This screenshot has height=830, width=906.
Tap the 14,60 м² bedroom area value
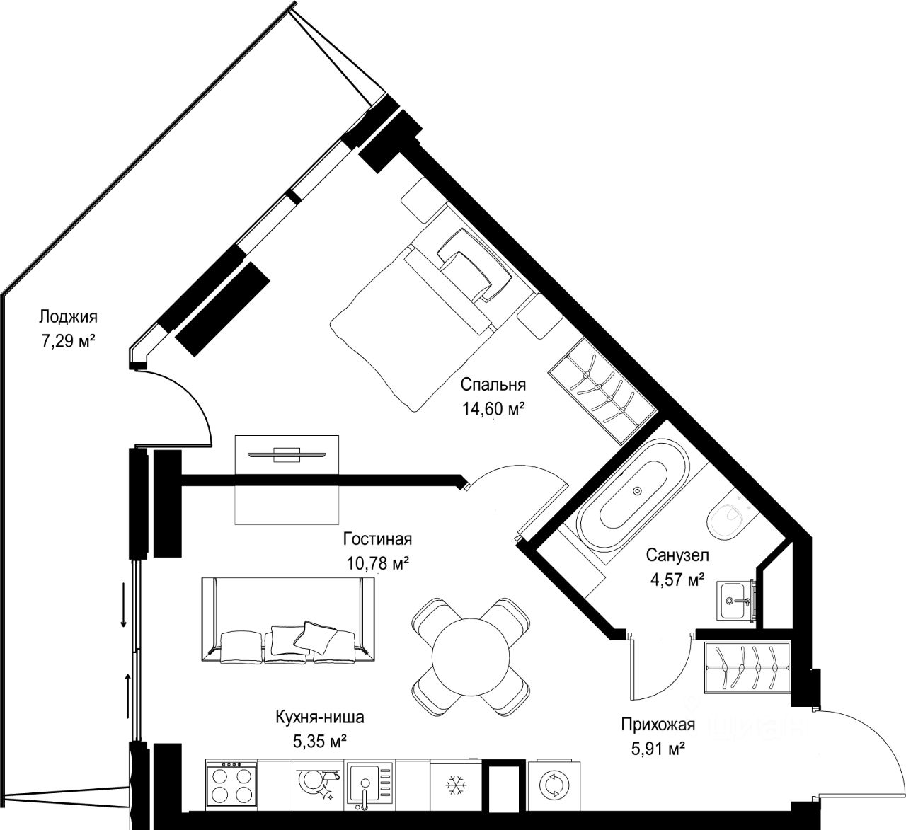tap(493, 410)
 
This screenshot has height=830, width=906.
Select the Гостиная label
tap(377, 539)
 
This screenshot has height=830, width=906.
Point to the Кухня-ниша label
tap(320, 717)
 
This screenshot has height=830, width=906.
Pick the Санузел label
tap(677, 555)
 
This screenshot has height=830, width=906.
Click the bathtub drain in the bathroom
tap(638, 490)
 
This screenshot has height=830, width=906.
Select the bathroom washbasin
tap(735, 601)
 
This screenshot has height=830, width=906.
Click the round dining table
tap(471, 657)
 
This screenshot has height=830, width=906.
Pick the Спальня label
tap(493, 385)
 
